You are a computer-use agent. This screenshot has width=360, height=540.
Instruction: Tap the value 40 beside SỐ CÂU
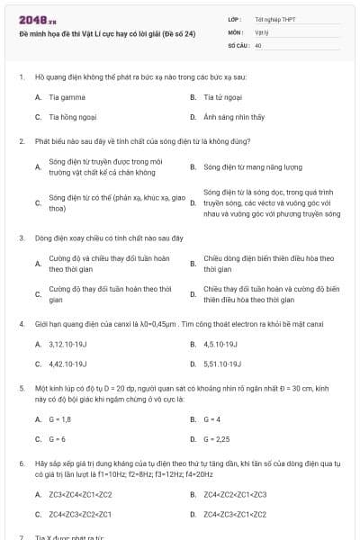pyautogui.click(x=258, y=44)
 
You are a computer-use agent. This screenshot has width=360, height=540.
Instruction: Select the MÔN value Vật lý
pyautogui.click(x=262, y=31)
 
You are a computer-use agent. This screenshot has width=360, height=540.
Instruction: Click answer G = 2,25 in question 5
pyautogui.click(x=217, y=440)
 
